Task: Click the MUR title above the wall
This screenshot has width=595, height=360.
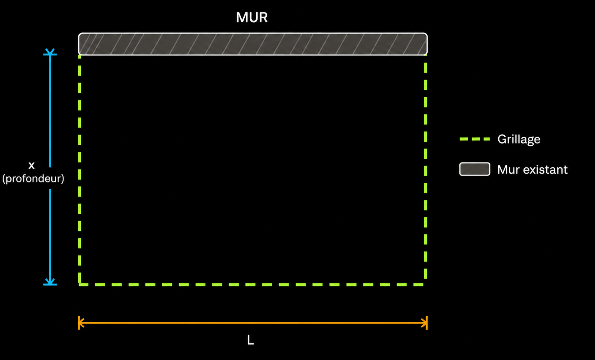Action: pyautogui.click(x=251, y=17)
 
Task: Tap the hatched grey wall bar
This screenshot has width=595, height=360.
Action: pyautogui.click(x=253, y=44)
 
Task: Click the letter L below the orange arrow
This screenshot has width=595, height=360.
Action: pyautogui.click(x=250, y=340)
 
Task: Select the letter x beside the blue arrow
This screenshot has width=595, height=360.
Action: pyautogui.click(x=31, y=165)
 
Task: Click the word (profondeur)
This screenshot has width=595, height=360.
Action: pyautogui.click(x=33, y=179)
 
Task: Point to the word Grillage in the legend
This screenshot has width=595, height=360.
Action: pyautogui.click(x=519, y=139)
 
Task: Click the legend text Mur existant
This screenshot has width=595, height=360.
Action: pyautogui.click(x=532, y=170)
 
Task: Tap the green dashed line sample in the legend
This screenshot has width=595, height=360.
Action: pyautogui.click(x=475, y=139)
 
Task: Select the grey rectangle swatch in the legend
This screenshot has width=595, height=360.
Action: pyautogui.click(x=475, y=169)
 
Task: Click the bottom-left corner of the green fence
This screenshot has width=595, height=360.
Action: pyautogui.click(x=80, y=285)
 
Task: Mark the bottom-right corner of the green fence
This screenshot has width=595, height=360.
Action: pyautogui.click(x=426, y=285)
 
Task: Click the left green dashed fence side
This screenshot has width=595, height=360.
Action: pyautogui.click(x=80, y=170)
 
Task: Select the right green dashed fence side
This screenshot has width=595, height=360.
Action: pyautogui.click(x=426, y=170)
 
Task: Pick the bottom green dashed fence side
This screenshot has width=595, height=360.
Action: pyautogui.click(x=253, y=285)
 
